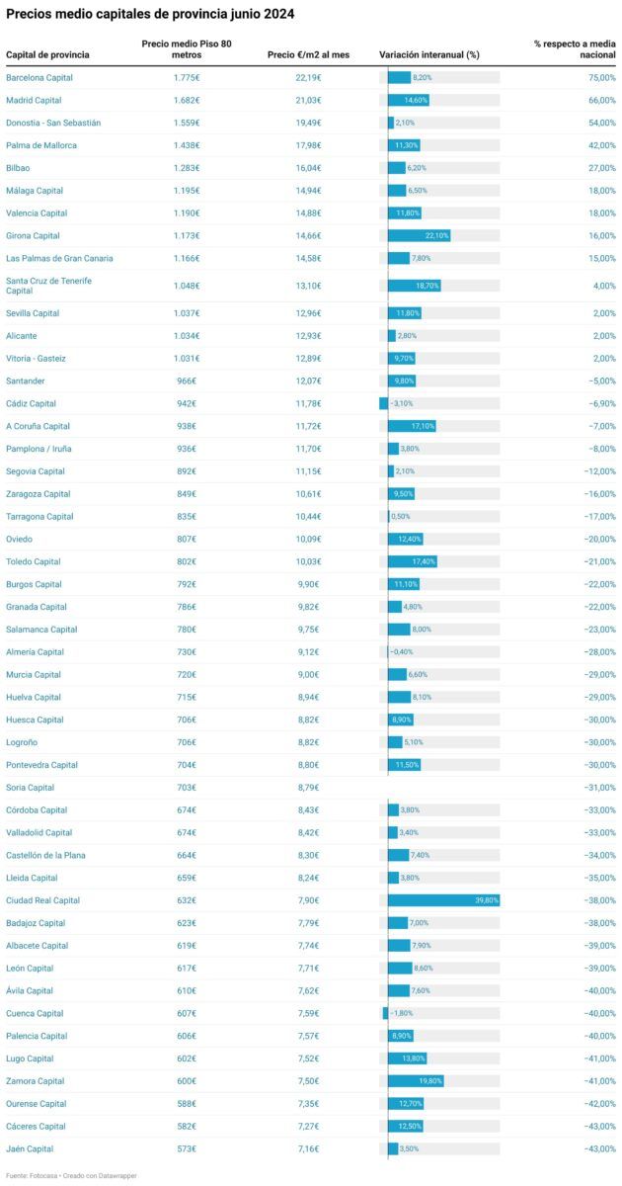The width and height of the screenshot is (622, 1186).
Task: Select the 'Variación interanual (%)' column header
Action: click(428, 54)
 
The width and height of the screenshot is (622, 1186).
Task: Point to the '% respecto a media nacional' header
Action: click(575, 48)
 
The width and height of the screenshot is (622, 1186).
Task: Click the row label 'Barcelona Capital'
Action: click(39, 77)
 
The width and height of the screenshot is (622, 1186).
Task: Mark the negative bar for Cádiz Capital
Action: click(383, 403)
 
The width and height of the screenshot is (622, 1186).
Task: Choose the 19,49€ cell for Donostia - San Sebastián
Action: click(307, 123)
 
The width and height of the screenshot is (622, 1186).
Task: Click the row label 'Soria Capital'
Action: click(30, 788)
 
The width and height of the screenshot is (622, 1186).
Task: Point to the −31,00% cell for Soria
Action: click(598, 788)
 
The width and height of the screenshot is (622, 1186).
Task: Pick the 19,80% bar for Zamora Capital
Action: click(416, 1081)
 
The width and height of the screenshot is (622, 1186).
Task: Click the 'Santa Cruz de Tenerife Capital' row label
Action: click(48, 286)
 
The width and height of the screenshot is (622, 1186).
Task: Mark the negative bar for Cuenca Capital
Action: click(385, 1013)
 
